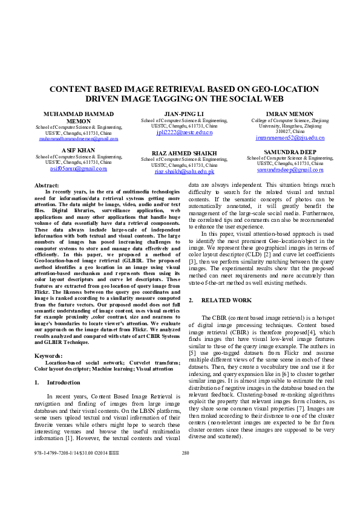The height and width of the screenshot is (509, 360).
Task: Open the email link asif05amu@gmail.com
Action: tap(78, 169)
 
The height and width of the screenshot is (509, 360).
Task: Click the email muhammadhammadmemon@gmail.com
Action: tap(78, 139)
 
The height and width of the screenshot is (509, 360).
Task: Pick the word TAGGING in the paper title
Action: tap(175, 98)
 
